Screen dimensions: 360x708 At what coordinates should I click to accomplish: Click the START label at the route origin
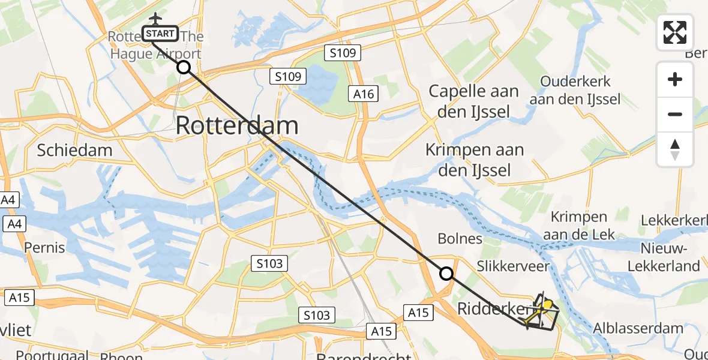(x=160, y=34)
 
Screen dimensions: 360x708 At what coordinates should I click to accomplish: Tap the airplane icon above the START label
(x=156, y=19)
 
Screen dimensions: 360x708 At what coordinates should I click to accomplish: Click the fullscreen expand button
(x=675, y=32)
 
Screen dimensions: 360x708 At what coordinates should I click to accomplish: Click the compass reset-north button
(x=675, y=149)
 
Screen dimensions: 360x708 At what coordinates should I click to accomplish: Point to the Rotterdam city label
(x=237, y=126)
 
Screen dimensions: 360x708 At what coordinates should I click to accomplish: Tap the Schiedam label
(x=74, y=149)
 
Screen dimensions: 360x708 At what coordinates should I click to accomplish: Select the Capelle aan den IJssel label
(x=474, y=101)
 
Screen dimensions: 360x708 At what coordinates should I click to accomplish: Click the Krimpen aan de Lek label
(x=578, y=225)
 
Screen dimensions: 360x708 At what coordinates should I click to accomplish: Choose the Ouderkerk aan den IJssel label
(x=575, y=90)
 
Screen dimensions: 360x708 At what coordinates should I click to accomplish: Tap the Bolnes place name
(x=460, y=239)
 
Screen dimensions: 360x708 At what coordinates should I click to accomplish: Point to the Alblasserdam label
(x=638, y=328)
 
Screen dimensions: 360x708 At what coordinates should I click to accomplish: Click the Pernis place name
(x=44, y=247)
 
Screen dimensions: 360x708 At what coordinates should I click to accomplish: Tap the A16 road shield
(x=364, y=94)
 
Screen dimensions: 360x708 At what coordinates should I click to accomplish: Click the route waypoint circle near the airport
(x=184, y=68)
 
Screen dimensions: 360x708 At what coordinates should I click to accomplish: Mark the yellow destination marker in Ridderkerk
(x=547, y=304)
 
